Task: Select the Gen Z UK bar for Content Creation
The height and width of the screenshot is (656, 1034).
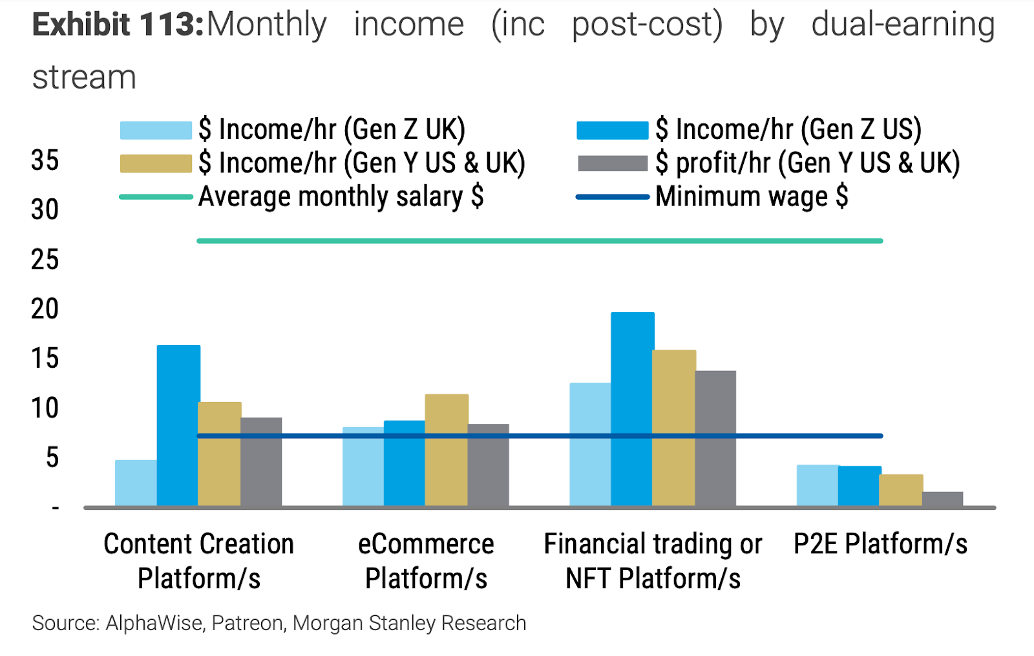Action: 136,483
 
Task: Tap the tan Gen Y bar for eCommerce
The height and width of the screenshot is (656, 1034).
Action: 447,450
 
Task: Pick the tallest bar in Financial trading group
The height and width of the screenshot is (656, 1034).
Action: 632,408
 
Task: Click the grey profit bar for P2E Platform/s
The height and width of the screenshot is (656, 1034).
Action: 942,499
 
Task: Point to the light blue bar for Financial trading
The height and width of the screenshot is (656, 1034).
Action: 590,444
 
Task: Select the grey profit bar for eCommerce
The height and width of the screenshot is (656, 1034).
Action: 488,465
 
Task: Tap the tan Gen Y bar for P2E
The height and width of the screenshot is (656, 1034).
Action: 901,490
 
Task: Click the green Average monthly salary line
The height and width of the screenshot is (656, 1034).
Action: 540,241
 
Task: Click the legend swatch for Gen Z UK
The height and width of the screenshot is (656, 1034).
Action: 156,131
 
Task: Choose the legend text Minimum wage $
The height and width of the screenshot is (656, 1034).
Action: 751,196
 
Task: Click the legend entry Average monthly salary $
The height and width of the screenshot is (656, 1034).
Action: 341,196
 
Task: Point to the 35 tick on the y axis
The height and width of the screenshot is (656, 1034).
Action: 45,160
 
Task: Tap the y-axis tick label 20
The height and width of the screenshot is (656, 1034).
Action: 45,309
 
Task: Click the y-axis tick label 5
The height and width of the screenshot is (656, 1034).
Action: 52,458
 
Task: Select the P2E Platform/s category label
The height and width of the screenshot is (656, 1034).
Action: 880,544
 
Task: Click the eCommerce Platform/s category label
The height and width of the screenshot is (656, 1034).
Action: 426,561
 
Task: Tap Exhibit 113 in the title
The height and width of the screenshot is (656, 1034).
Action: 118,25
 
